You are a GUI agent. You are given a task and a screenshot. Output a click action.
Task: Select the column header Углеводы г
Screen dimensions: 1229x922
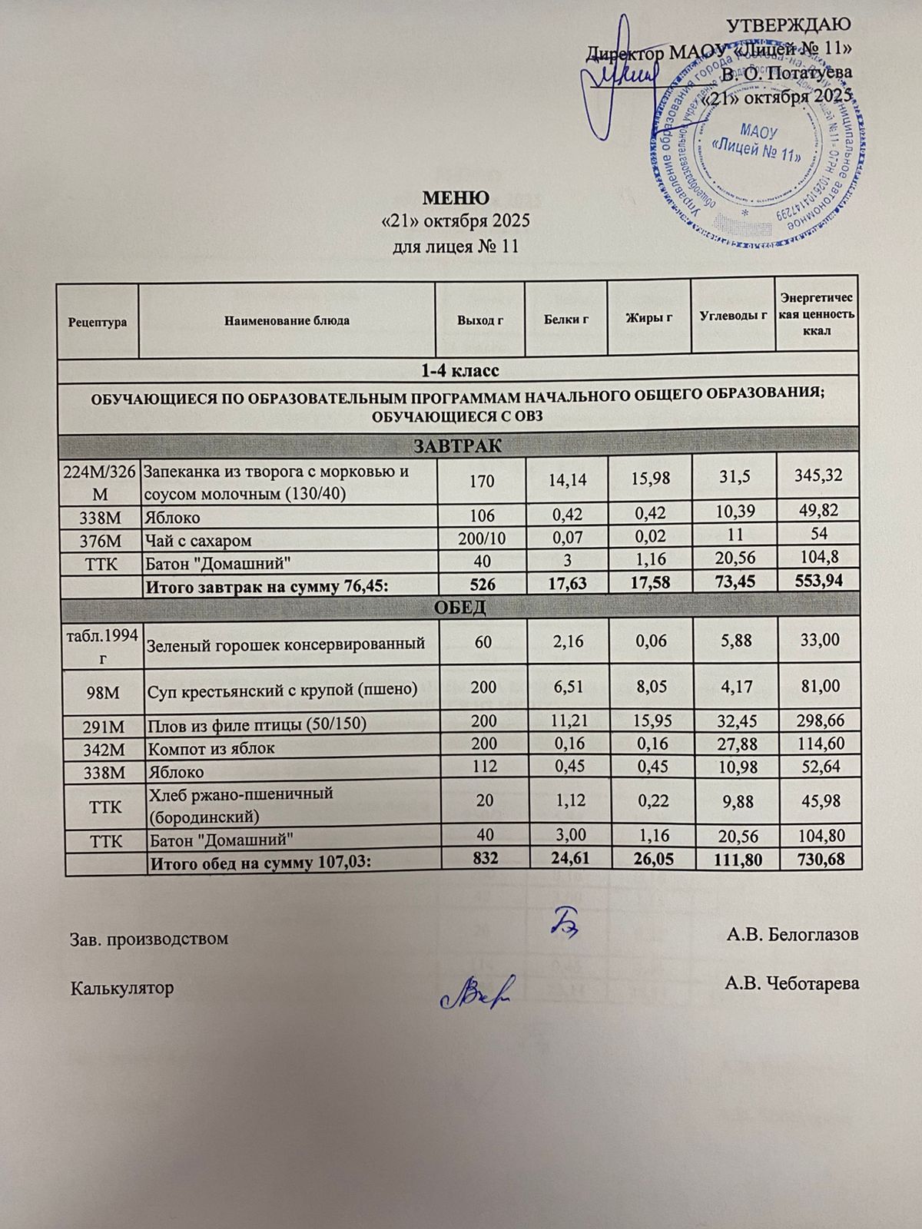click(x=734, y=315)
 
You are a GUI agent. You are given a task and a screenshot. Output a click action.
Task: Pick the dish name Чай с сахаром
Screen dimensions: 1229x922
click(x=199, y=541)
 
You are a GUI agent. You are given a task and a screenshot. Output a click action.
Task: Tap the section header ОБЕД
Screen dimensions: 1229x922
click(x=460, y=608)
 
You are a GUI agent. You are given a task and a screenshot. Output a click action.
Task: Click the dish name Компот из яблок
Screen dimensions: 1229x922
click(x=211, y=748)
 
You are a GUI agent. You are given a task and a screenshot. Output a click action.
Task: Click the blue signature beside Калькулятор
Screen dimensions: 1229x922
click(x=476, y=992)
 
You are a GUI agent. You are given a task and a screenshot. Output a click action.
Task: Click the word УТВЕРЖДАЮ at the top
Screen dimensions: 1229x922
click(x=789, y=25)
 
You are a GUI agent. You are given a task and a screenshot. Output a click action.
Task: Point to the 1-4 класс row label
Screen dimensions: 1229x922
click(x=459, y=371)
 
